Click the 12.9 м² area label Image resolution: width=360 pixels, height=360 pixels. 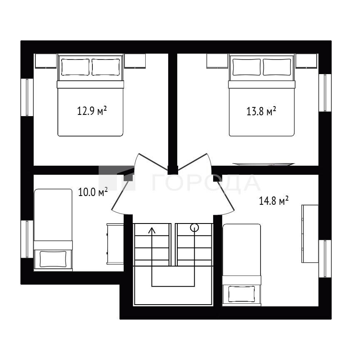pyautogui.click(x=92, y=111)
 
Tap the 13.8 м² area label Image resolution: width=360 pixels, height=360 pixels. pyautogui.click(x=261, y=111)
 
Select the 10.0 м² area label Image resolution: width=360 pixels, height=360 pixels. pyautogui.click(x=93, y=192)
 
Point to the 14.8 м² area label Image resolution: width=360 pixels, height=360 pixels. pyautogui.click(x=274, y=201)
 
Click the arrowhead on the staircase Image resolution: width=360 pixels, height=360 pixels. pyautogui.click(x=152, y=230)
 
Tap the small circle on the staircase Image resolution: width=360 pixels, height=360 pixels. pyautogui.click(x=194, y=228)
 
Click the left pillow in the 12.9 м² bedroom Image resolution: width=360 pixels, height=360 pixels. pyautogui.click(x=75, y=67)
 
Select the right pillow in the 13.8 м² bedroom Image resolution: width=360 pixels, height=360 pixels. pyautogui.click(x=277, y=67)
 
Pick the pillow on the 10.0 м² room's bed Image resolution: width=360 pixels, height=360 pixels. pyautogui.click(x=53, y=259)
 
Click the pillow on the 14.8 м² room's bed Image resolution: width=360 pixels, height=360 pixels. pyautogui.click(x=241, y=294)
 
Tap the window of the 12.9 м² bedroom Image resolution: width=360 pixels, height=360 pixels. pyautogui.click(x=27, y=97)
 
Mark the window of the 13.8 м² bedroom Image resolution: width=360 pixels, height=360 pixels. pyautogui.click(x=325, y=93)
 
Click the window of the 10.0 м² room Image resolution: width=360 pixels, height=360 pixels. pyautogui.click(x=27, y=239)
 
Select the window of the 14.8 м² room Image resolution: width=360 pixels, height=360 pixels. pyautogui.click(x=325, y=259)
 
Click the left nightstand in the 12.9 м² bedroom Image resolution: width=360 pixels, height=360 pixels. pyautogui.click(x=46, y=61)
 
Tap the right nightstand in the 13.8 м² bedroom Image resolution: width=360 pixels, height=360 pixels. pyautogui.click(x=306, y=61)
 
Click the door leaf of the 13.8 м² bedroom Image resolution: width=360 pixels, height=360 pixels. pyautogui.click(x=192, y=161)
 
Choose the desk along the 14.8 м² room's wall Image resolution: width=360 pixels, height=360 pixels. pyautogui.click(x=310, y=234)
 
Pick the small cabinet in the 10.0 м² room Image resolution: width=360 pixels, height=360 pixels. pyautogui.click(x=115, y=244)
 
